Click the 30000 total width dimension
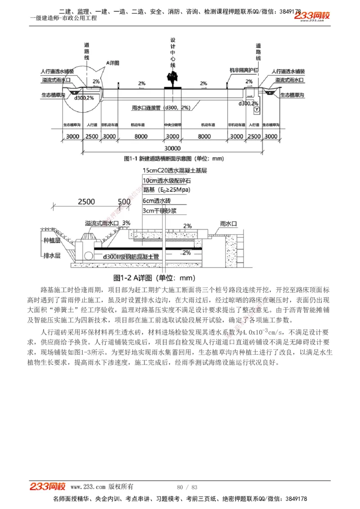pyautogui.click(x=172, y=148)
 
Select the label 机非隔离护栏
pyautogui.click(x=243, y=71)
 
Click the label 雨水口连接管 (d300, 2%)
pyautogui.click(x=161, y=108)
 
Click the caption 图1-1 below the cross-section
pyautogui.click(x=174, y=158)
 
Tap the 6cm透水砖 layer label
pyautogui.click(x=156, y=201)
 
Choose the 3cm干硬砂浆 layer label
pyautogui.click(x=159, y=210)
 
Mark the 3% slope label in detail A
pyautogui.click(x=126, y=223)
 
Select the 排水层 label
pyautogui.click(x=52, y=255)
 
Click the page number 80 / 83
pyautogui.click(x=187, y=487)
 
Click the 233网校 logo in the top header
pyautogui.click(x=312, y=16)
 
